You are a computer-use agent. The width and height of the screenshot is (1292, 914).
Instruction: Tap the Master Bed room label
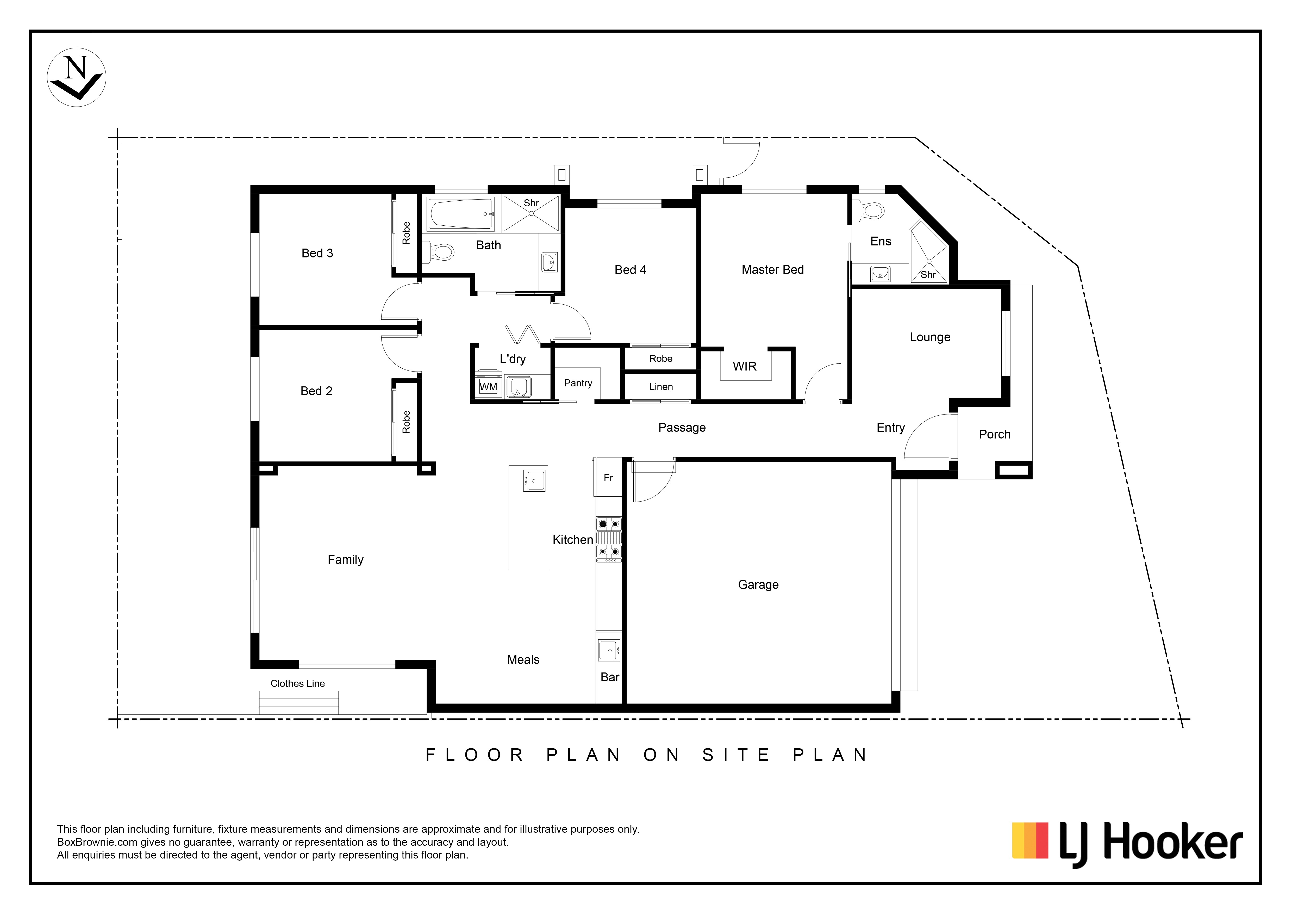(x=773, y=270)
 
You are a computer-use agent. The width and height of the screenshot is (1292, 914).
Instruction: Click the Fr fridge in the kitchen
(x=608, y=477)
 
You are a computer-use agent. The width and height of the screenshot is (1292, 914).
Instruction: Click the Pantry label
(x=578, y=383)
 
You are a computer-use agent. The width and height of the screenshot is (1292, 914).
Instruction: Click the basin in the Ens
(x=880, y=274)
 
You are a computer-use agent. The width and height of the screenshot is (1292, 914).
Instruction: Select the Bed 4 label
(x=630, y=270)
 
